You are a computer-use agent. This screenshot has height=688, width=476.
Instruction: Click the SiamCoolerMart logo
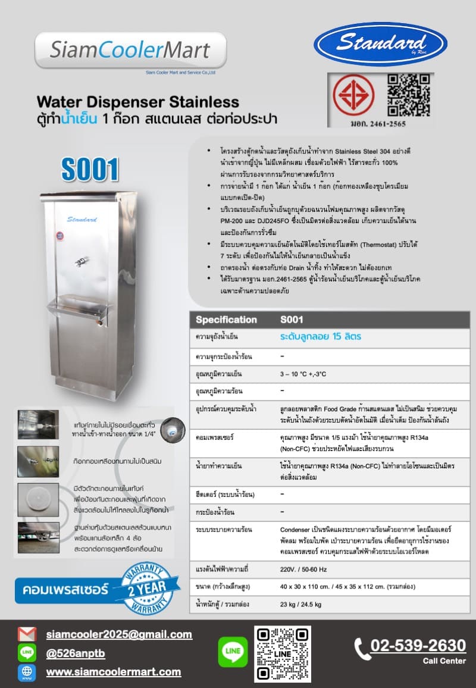(130, 50)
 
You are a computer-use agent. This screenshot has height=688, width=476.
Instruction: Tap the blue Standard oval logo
(380, 44)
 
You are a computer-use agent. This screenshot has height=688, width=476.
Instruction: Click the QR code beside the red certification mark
(408, 95)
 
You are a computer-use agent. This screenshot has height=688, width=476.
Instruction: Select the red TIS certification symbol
(353, 95)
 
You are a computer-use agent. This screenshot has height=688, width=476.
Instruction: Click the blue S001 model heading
(90, 170)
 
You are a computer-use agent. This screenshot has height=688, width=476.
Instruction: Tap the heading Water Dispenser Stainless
(138, 102)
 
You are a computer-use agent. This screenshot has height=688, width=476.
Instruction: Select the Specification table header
(226, 320)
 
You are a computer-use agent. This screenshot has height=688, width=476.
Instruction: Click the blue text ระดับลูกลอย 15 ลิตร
(321, 337)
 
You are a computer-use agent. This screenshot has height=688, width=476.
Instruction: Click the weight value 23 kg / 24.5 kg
(301, 605)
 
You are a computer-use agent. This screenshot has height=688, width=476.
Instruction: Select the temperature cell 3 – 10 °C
(303, 374)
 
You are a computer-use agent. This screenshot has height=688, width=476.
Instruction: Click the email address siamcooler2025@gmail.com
(119, 635)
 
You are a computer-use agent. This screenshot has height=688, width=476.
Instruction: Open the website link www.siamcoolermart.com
(114, 672)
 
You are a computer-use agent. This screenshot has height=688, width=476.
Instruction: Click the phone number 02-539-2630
(418, 646)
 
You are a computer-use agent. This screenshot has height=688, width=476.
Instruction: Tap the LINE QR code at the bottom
(283, 653)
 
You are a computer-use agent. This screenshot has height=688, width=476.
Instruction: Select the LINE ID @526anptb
(76, 653)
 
